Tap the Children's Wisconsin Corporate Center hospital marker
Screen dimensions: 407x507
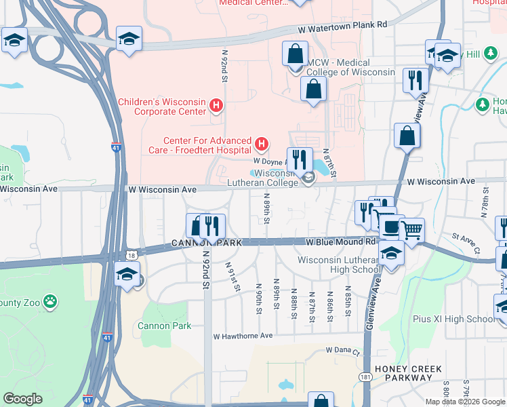pos(216,105)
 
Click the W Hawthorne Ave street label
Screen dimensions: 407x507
pos(243,336)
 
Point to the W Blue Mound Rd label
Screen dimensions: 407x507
pos(340,241)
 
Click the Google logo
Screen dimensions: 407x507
pos(22,399)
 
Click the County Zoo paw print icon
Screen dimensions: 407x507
pos(50,300)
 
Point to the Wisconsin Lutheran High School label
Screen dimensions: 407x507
pos(337,265)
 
